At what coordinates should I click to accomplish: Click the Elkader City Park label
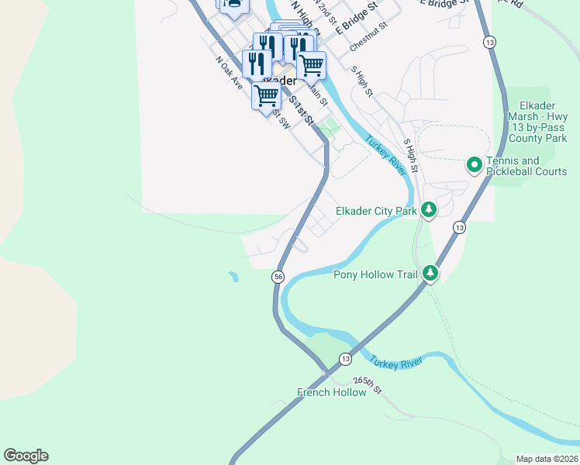pos(375,211)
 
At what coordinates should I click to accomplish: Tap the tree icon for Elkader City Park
pos(428,209)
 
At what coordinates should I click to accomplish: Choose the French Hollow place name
pos(331,392)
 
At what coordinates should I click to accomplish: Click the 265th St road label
pos(367,384)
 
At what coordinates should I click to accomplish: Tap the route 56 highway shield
pos(278,277)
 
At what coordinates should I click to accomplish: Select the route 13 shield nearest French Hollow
pos(345,358)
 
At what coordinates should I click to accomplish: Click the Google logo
pos(26,456)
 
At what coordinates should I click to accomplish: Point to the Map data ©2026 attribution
pos(547,459)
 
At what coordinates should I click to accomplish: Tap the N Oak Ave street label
pos(230,73)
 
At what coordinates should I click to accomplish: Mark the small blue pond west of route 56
pos(233,276)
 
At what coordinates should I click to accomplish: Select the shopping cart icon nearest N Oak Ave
pos(266,96)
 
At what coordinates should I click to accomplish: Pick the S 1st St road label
pos(301,110)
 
